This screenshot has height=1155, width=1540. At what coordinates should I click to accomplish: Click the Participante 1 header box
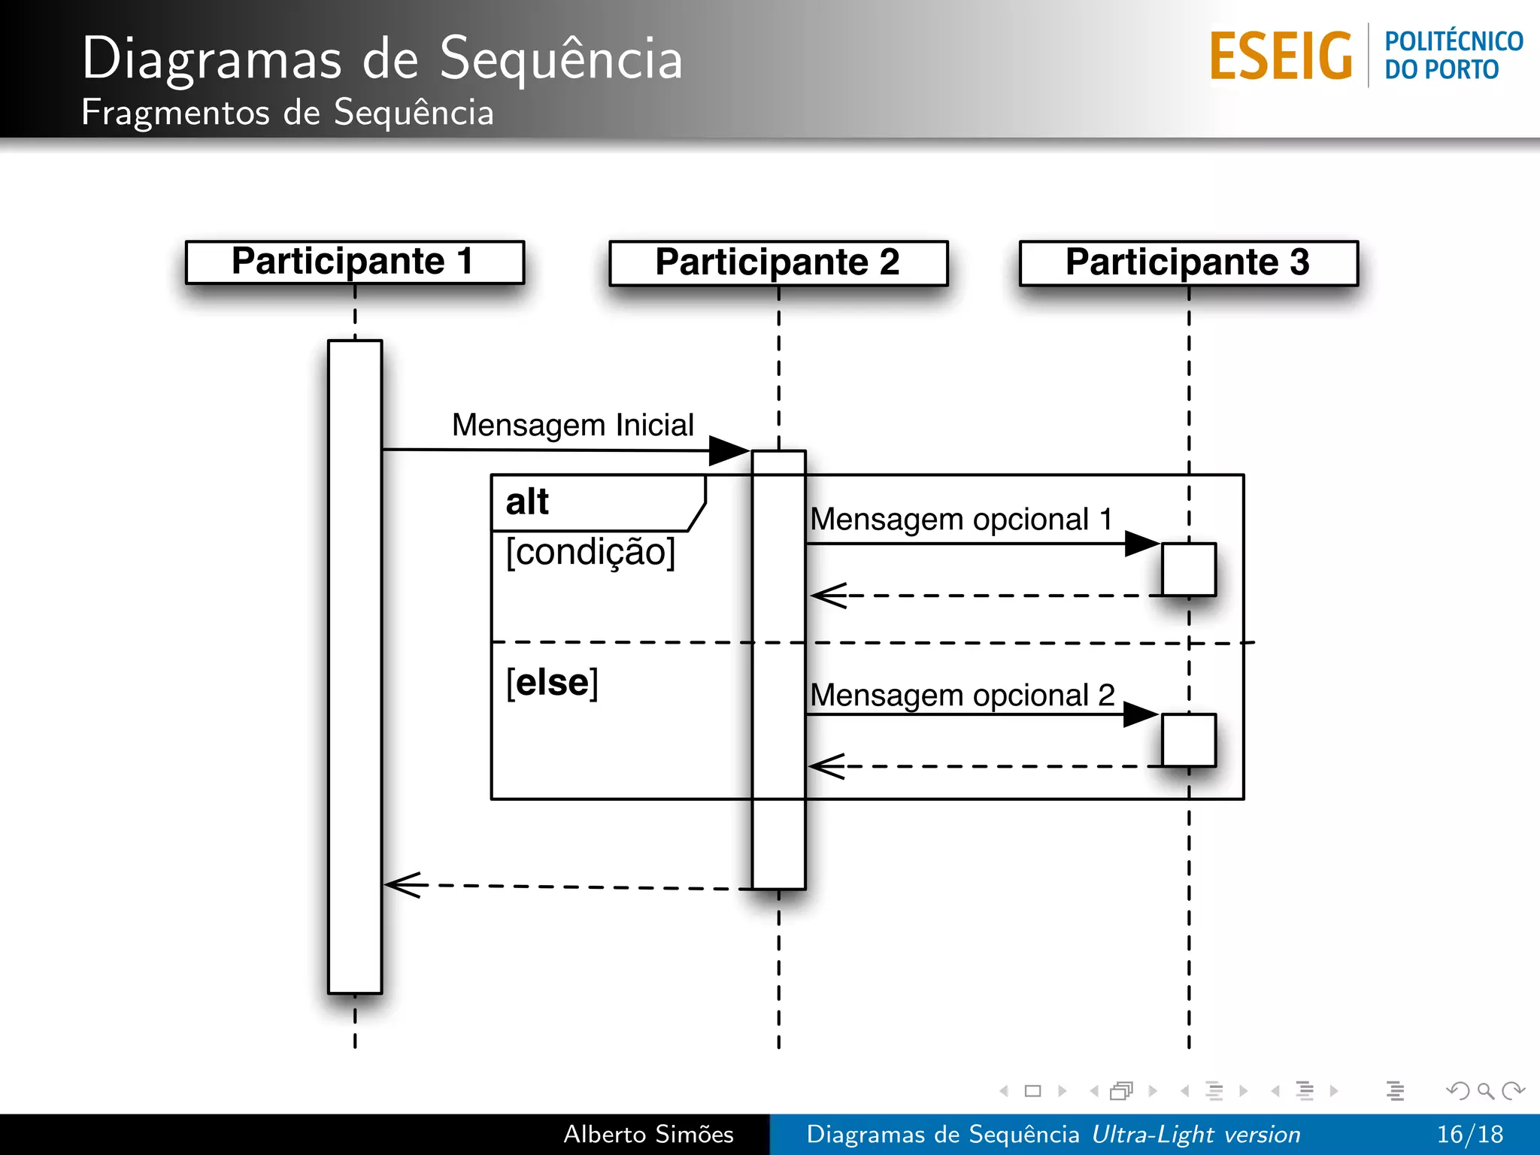[x=354, y=262]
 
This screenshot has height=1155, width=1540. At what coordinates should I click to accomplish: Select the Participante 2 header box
[x=778, y=262]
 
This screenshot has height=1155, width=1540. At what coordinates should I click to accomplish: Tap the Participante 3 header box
[x=1188, y=262]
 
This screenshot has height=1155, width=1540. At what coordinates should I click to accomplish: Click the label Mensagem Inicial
[x=572, y=426]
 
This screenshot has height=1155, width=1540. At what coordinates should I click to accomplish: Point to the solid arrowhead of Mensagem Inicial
[x=728, y=450]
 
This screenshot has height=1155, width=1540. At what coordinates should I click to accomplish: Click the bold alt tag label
[x=527, y=502]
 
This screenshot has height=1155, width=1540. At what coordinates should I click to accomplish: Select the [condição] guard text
[x=590, y=553]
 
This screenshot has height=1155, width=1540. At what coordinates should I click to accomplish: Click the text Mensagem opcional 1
[x=961, y=520]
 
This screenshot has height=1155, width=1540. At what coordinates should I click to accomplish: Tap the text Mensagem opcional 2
[x=962, y=696]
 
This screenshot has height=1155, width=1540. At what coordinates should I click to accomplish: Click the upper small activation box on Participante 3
[x=1188, y=569]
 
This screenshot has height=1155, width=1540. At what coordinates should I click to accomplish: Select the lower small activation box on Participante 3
[x=1188, y=740]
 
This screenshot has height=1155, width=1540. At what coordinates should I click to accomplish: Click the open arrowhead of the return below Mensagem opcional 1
[x=827, y=596]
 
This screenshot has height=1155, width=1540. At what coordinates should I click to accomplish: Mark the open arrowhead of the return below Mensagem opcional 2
[x=826, y=766]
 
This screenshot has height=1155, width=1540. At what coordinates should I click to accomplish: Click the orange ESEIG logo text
[x=1281, y=56]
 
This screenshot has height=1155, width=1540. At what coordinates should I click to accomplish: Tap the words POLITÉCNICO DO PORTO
[x=1453, y=55]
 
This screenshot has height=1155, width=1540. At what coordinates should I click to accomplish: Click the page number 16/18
[x=1469, y=1134]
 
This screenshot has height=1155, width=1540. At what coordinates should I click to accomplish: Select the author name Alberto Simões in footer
[x=648, y=1134]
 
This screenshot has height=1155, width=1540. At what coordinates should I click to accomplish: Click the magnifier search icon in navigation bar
[x=1485, y=1090]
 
